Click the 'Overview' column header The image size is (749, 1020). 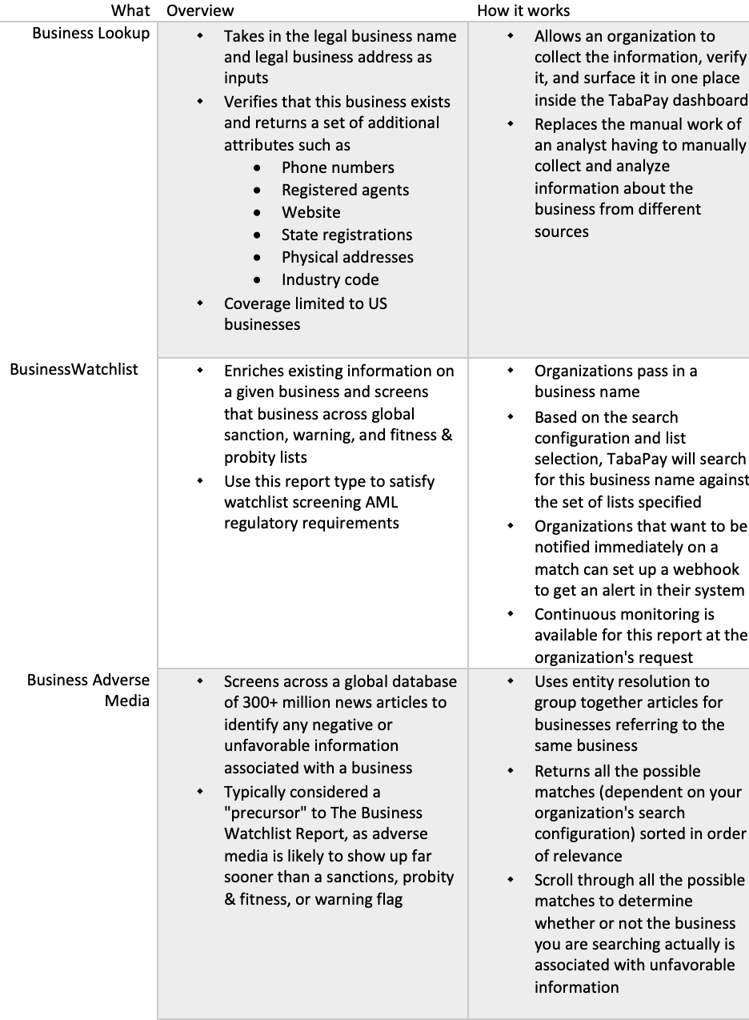coord(200,10)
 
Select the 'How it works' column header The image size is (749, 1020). coord(523,10)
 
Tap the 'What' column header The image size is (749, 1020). coord(130,10)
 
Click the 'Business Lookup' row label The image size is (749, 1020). coord(90,34)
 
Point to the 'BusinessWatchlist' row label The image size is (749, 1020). coord(74,370)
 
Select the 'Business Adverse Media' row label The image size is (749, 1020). coord(88,690)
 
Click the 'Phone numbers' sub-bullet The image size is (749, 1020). coord(338,167)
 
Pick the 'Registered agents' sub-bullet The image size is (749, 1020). coord(345,190)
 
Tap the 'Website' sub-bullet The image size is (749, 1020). coord(310,212)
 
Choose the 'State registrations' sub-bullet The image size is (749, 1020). coord(346,235)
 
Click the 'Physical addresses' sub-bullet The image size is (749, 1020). coord(347,257)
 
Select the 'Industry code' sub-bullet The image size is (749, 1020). coord(330,279)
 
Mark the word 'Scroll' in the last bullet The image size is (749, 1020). coord(554,880)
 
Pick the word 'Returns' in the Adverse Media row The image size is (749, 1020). coord(562,771)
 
